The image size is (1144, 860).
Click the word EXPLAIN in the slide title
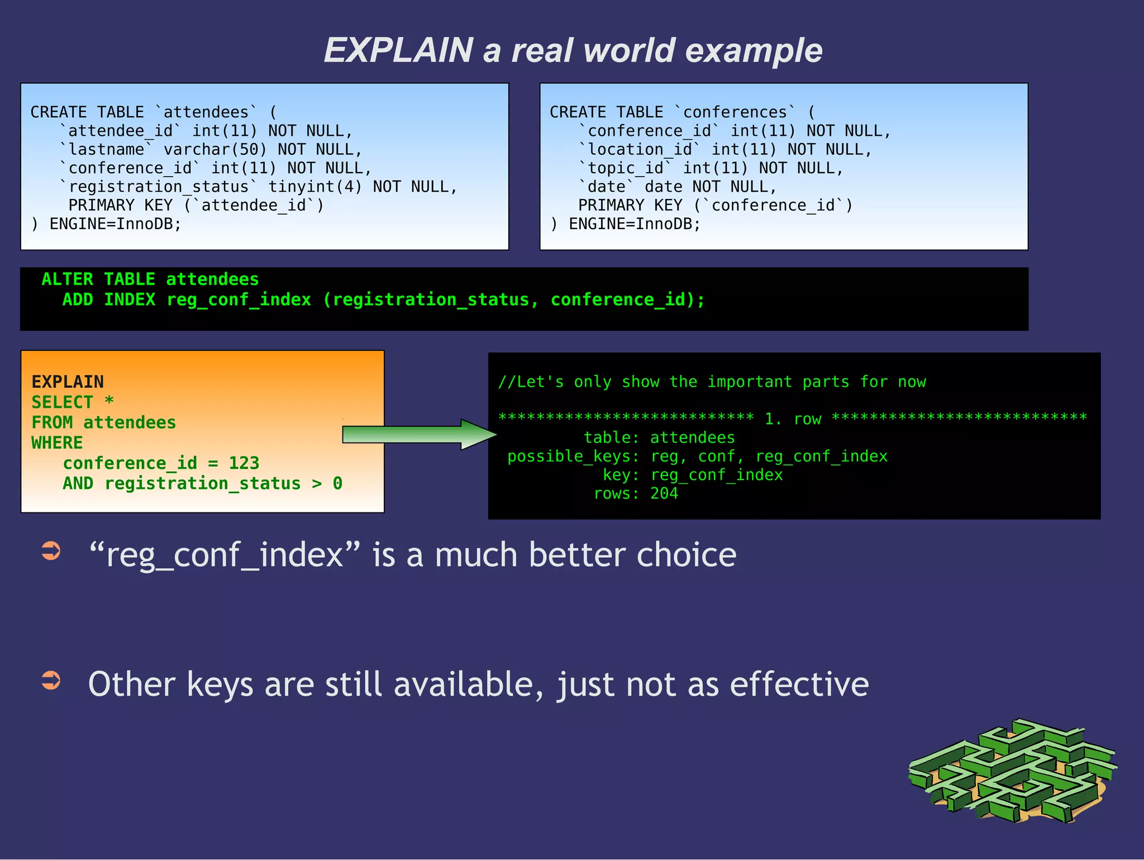(398, 50)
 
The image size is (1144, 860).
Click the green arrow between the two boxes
(419, 434)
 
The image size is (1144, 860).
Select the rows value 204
(664, 493)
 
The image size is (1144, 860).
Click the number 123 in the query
(244, 463)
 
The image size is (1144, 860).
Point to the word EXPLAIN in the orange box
(68, 382)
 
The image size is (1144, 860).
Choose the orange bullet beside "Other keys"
(51, 680)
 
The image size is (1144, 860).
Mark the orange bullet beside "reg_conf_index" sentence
(51, 550)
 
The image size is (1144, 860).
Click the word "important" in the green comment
(750, 382)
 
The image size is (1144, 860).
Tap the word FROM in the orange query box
(52, 422)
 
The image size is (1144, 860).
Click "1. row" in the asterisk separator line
(793, 419)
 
